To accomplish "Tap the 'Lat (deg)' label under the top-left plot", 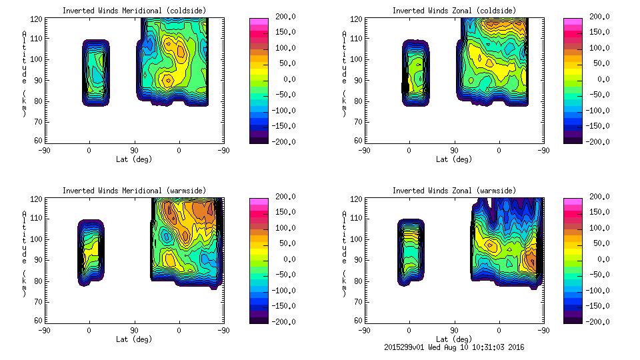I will tap(134, 159).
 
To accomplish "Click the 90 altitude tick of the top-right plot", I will tap(357, 80).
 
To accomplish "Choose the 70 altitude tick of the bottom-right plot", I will tap(357, 301).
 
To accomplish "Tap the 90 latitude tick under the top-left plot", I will tap(134, 150).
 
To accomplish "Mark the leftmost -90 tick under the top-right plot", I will tap(364, 150).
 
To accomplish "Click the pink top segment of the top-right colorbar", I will tap(573, 22).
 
